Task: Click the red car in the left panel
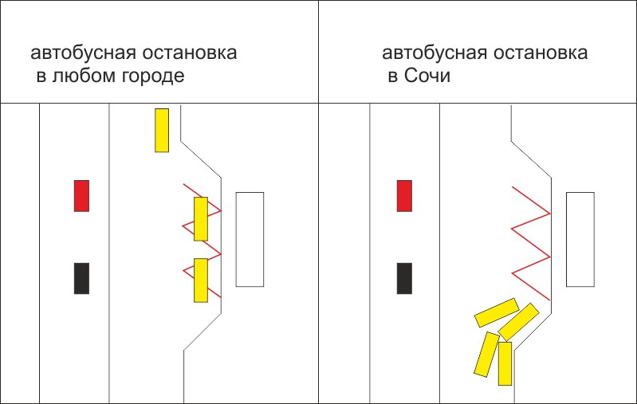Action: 81,196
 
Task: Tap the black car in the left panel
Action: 81,278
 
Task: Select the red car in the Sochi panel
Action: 404,196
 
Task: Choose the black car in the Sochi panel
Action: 404,278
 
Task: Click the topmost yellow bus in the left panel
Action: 162,130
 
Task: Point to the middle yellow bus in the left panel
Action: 201,219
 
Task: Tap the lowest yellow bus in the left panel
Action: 201,280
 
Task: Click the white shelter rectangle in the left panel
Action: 250,239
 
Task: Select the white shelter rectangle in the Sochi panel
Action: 580,239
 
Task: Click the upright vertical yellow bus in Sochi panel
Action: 505,363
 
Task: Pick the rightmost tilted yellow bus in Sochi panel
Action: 519,321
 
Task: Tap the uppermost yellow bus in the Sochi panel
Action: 497,312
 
